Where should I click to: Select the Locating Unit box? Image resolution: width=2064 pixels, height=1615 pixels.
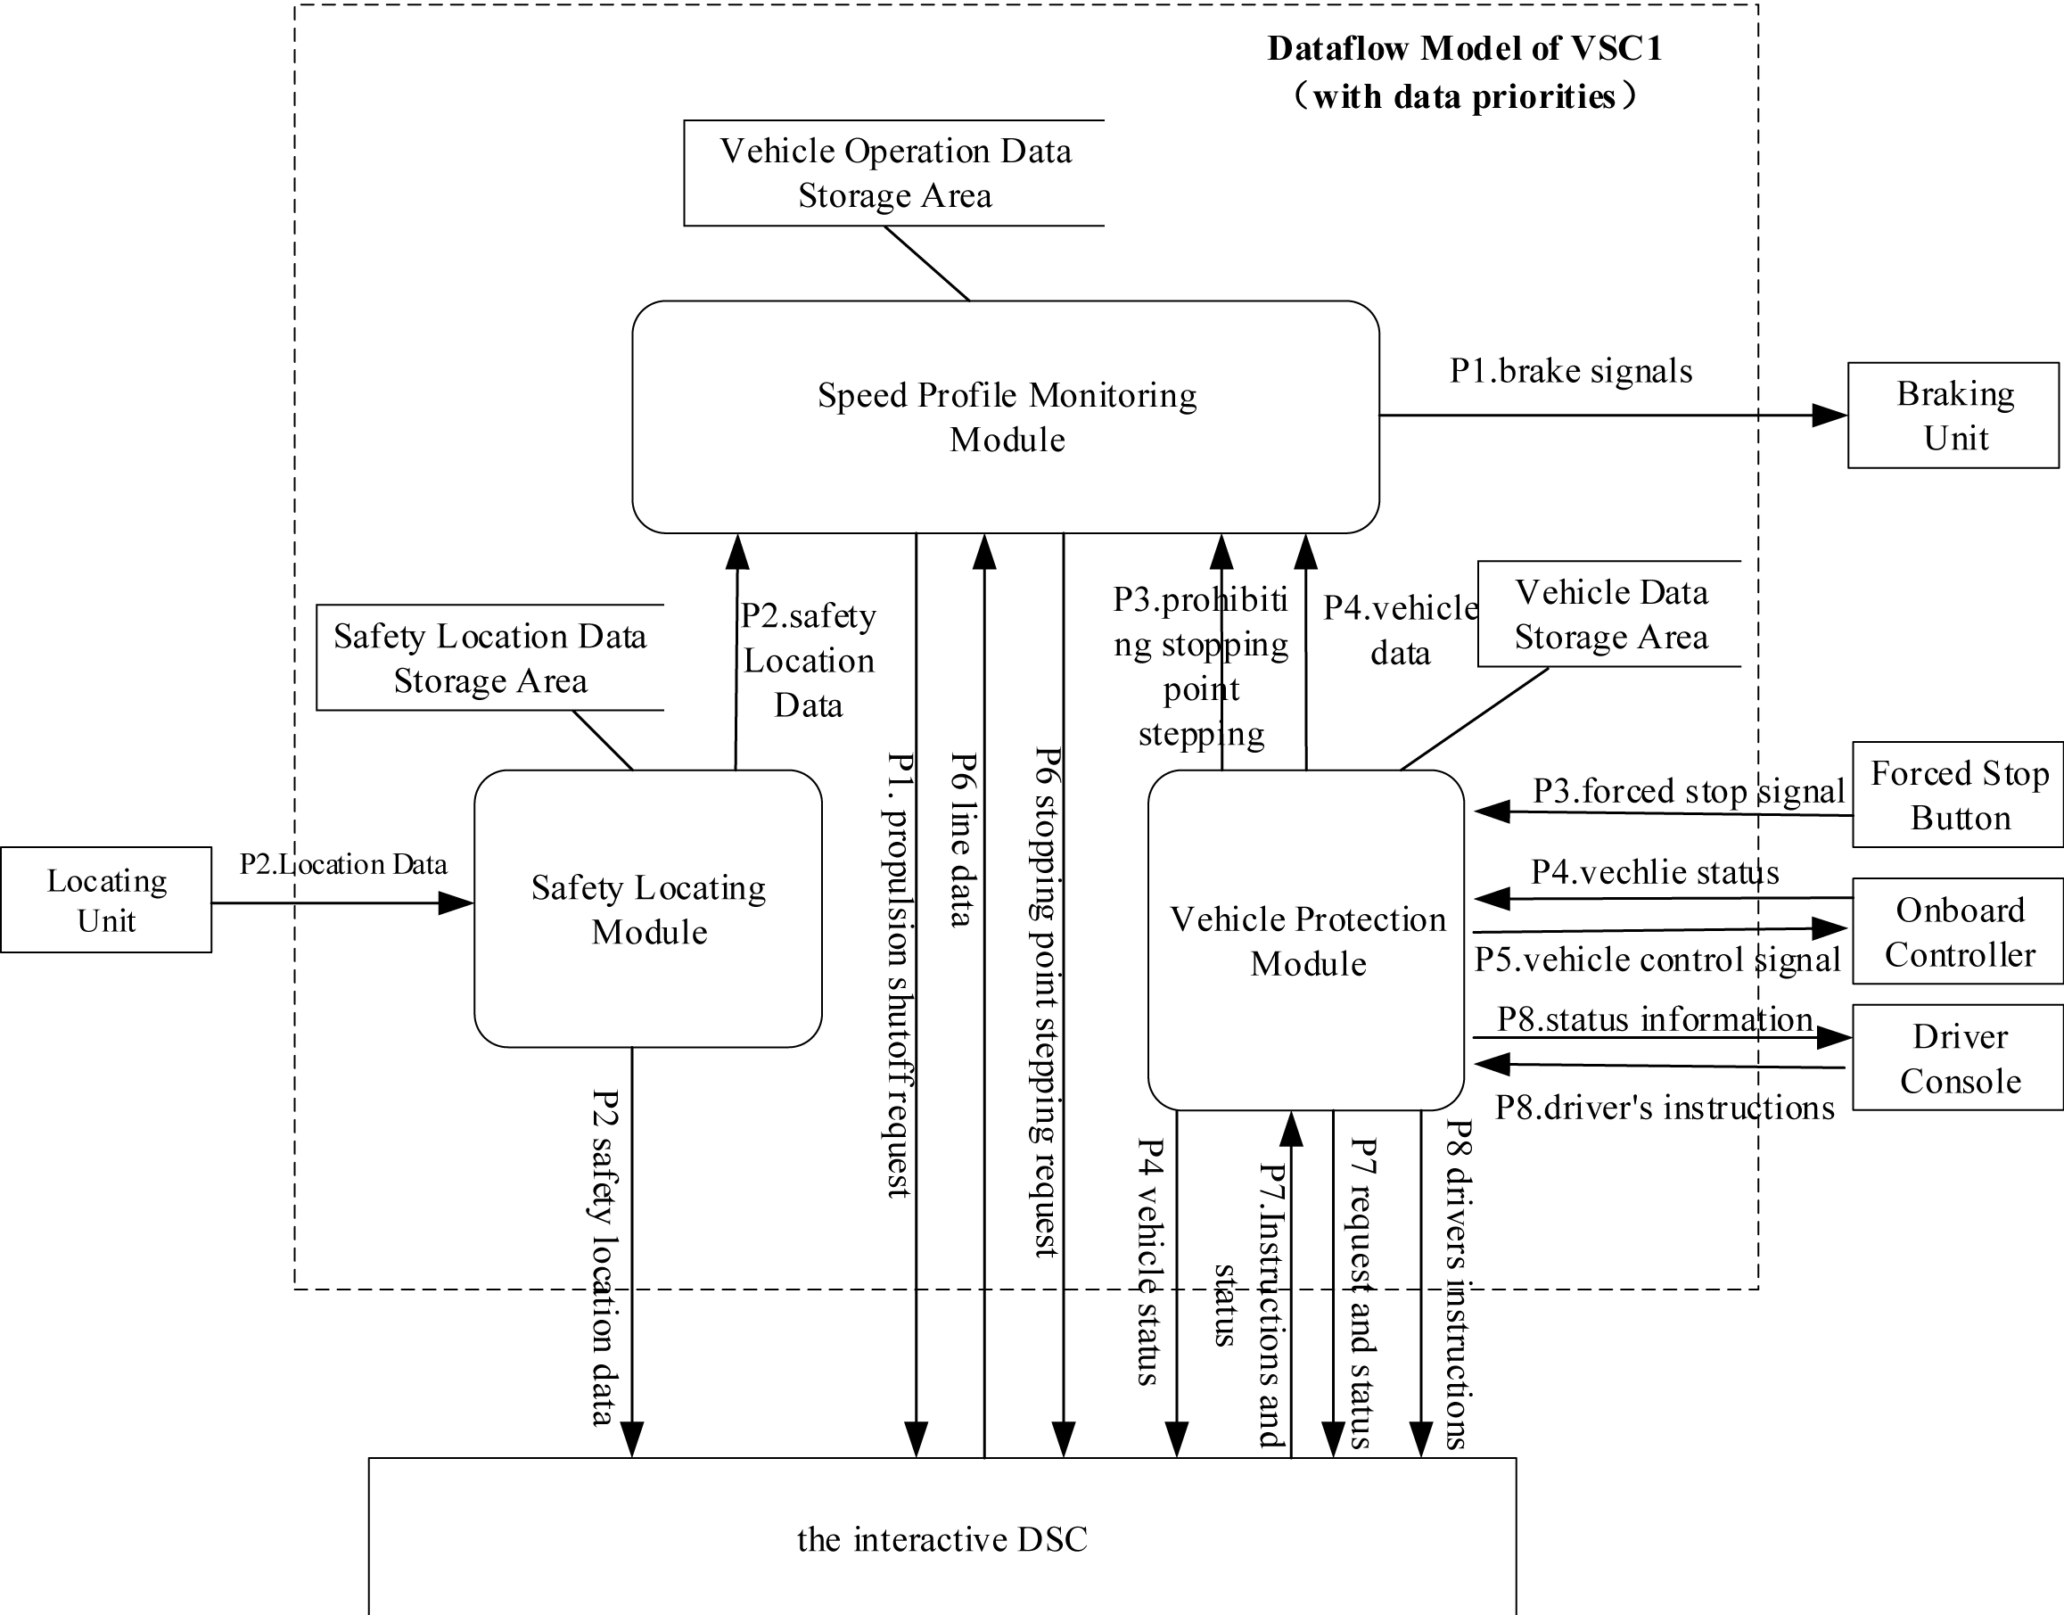coord(106,899)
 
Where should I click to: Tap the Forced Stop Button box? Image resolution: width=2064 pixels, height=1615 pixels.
coord(1958,795)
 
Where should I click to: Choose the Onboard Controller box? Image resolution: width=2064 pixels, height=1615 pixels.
coord(1958,931)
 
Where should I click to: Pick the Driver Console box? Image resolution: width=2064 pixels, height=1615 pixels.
coord(1958,1057)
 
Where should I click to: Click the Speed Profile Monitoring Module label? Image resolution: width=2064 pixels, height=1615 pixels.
coord(1007,417)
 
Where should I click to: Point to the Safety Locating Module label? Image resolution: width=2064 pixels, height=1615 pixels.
coord(648,910)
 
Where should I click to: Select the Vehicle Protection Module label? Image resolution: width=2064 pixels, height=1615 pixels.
coord(1308,941)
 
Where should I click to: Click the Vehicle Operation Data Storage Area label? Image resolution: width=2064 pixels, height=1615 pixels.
coord(894,173)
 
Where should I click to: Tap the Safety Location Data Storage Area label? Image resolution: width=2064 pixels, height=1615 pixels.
coord(489,658)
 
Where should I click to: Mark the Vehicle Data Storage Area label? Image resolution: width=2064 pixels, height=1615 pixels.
coord(1611,614)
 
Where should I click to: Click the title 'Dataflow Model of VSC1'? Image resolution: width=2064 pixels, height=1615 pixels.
coord(1465,48)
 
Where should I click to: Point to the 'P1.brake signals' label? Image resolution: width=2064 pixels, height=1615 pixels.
coord(1570,371)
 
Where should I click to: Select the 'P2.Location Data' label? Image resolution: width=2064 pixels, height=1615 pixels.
coord(342,864)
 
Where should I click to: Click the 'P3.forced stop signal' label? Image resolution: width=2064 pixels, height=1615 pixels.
coord(1688,790)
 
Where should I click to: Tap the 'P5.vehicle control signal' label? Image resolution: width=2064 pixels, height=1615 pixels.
coord(1657,960)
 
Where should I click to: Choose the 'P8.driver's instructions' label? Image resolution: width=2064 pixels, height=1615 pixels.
coord(1664,1108)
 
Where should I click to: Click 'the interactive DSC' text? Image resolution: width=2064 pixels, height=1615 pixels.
coord(942,1539)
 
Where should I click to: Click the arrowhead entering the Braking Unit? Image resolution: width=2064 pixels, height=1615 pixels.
coord(1830,415)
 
